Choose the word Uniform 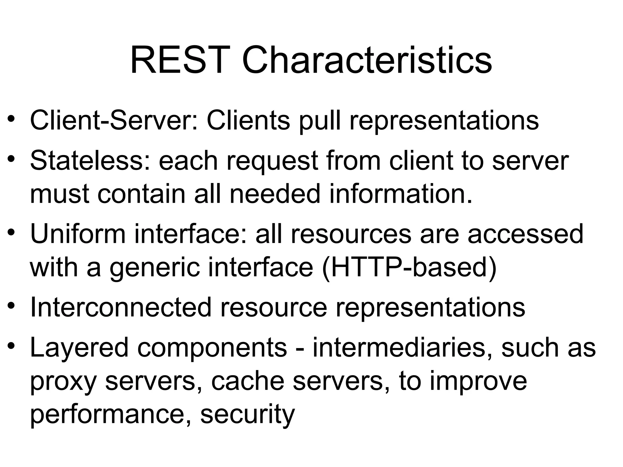(x=78, y=234)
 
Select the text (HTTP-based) (x=409, y=268)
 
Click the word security (x=248, y=415)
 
